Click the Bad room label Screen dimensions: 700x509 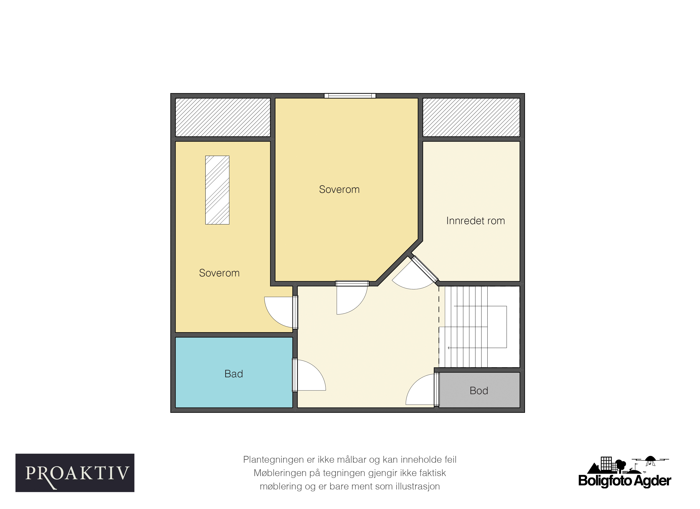[x=234, y=374]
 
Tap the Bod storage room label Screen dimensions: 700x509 [x=479, y=391]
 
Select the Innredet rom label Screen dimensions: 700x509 [x=476, y=221]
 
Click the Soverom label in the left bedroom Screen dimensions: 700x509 [x=219, y=273]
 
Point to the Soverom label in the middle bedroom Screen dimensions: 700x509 [x=339, y=189]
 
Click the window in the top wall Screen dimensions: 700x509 [x=350, y=96]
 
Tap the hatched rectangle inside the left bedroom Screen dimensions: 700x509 [x=217, y=190]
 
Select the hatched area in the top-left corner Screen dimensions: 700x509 [x=223, y=118]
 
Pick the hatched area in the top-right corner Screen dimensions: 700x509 [x=471, y=118]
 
